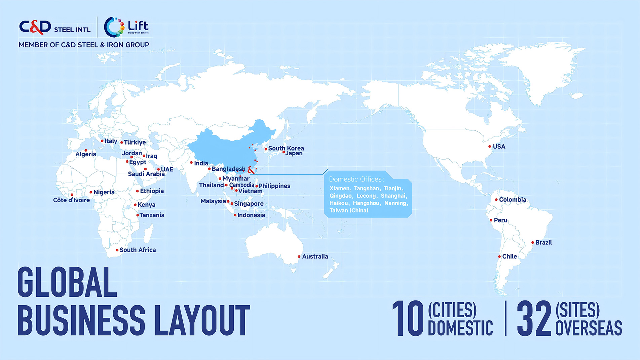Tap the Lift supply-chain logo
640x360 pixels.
(x=126, y=27)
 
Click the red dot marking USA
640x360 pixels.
(x=490, y=147)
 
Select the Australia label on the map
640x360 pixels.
(x=315, y=256)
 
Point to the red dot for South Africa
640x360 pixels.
(x=117, y=250)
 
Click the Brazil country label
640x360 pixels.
(x=543, y=242)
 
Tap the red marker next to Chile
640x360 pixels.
(x=499, y=256)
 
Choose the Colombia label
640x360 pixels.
(x=513, y=200)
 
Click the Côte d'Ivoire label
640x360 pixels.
(x=71, y=200)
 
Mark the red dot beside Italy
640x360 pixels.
(x=102, y=141)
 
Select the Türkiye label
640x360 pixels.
(x=135, y=142)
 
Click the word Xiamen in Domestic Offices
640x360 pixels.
(x=339, y=189)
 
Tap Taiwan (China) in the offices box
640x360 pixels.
(x=349, y=210)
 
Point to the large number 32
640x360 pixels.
(x=534, y=318)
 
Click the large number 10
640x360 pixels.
(x=408, y=318)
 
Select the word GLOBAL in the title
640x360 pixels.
(x=67, y=282)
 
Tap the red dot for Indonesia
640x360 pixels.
(x=235, y=215)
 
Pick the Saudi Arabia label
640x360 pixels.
(x=146, y=174)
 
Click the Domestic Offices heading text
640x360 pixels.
(x=356, y=179)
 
